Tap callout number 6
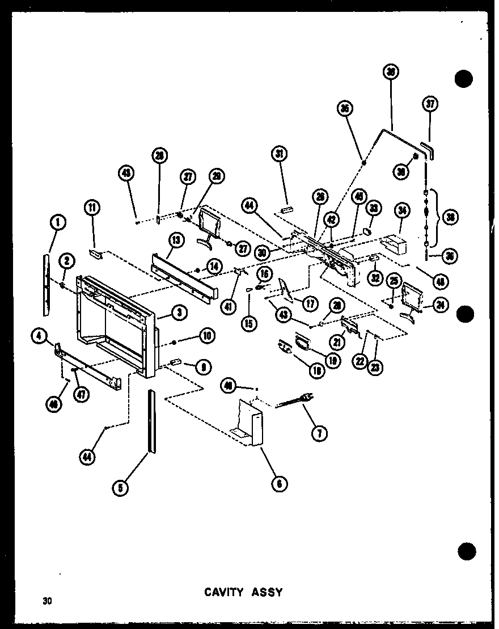click(279, 483)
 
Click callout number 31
click(280, 154)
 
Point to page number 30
click(46, 601)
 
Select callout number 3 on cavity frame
click(178, 311)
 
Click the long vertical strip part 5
click(151, 420)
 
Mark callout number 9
click(200, 367)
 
